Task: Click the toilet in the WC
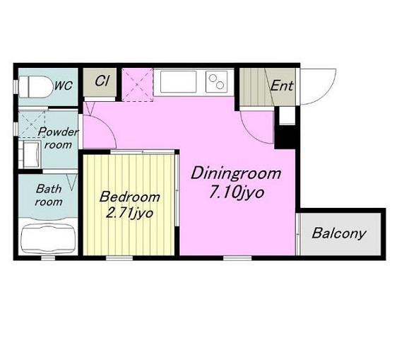pyautogui.click(x=34, y=87)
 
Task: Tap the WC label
pyautogui.click(x=64, y=86)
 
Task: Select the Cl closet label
pyautogui.click(x=102, y=81)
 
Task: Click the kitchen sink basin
pyautogui.click(x=178, y=81)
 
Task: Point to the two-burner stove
pyautogui.click(x=216, y=81)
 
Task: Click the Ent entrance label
pyautogui.click(x=282, y=86)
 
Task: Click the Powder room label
pyautogui.click(x=58, y=138)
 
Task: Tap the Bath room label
pyautogui.click(x=49, y=195)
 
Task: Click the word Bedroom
pyautogui.click(x=130, y=197)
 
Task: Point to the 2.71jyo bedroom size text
pyautogui.click(x=129, y=214)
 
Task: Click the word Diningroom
pyautogui.click(x=236, y=173)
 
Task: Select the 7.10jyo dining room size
pyautogui.click(x=237, y=193)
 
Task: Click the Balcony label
pyautogui.click(x=339, y=233)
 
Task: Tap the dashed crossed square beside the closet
pyautogui.click(x=138, y=85)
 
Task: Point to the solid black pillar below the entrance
pyautogui.click(x=285, y=137)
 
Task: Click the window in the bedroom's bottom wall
pyautogui.click(x=119, y=258)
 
